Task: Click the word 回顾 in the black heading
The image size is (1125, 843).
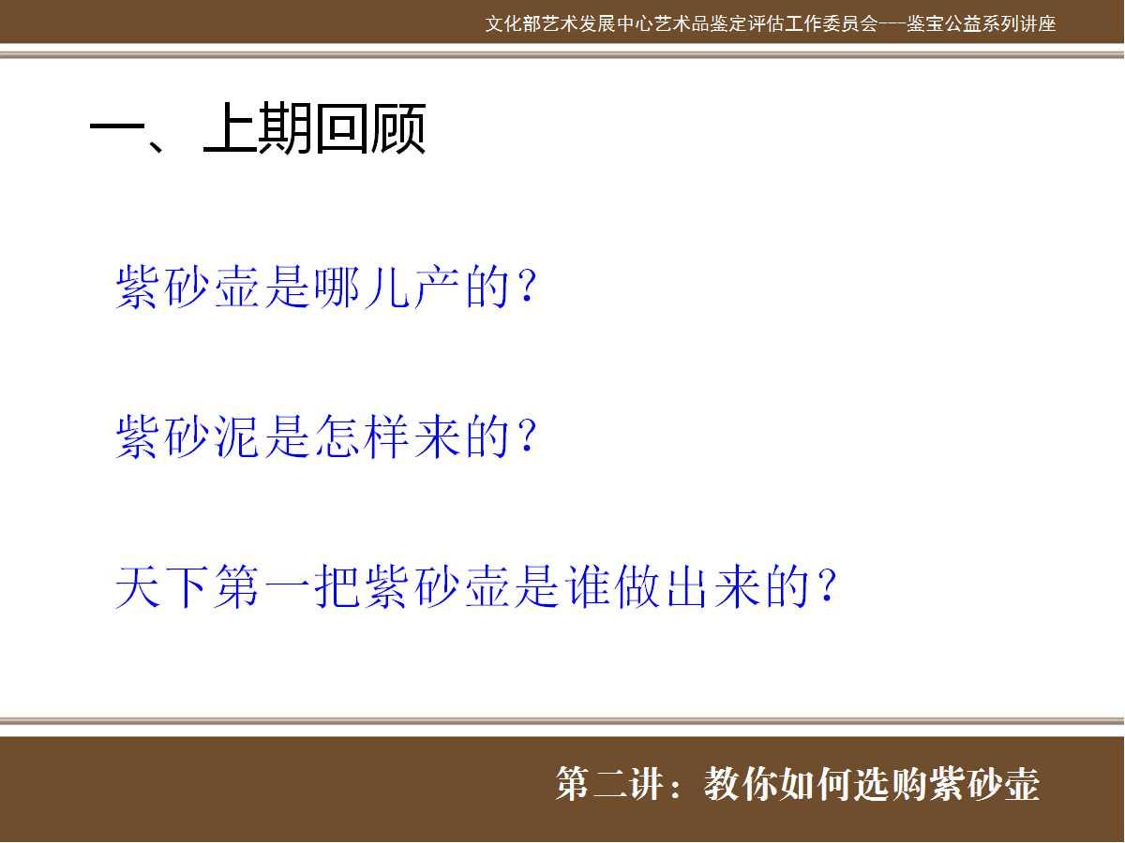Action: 370,128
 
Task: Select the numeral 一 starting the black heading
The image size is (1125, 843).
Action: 118,128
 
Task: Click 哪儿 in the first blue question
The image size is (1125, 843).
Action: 363,287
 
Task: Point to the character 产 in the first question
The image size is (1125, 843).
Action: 437,287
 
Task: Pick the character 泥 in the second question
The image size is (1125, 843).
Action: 237,436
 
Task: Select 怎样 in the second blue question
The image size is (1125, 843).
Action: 363,436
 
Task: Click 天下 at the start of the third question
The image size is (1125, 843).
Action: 162,587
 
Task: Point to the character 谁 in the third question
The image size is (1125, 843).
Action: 589,587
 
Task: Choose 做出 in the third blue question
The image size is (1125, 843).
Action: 662,587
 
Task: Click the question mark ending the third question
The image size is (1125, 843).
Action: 827,586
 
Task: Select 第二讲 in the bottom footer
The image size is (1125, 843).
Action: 611,784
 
